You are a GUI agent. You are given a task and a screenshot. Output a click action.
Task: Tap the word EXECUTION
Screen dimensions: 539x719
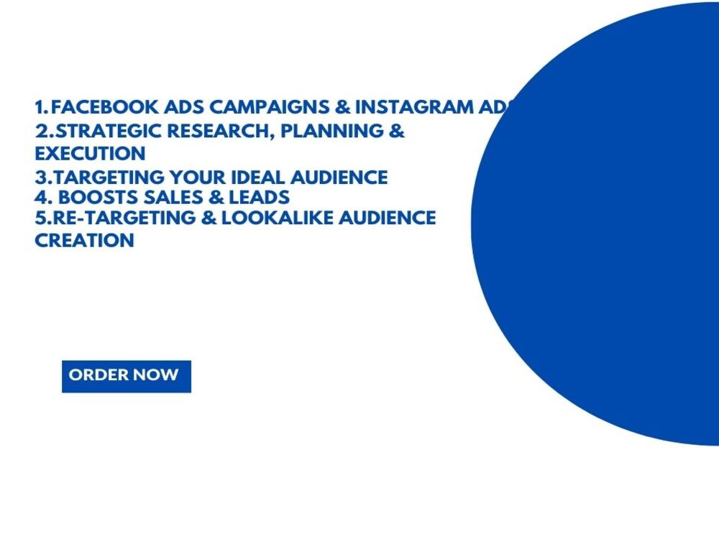(90, 153)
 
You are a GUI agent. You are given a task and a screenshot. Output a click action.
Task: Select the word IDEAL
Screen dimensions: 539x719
(265, 178)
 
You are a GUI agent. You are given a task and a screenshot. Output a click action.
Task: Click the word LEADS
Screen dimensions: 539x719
(259, 197)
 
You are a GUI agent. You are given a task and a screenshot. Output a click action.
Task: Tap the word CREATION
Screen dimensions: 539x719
(84, 240)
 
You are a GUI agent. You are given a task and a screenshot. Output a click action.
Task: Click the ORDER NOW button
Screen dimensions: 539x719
(126, 376)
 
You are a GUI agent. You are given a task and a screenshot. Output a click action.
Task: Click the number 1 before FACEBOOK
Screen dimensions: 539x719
(39, 108)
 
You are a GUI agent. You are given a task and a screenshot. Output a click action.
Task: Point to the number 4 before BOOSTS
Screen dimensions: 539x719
(40, 197)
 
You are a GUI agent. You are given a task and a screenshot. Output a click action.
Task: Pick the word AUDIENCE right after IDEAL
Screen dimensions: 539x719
(341, 178)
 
